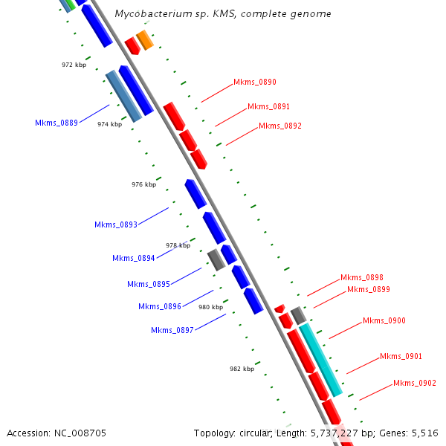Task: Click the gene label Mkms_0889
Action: [x=56, y=123]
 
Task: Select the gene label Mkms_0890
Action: [x=255, y=82]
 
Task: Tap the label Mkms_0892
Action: [x=280, y=126]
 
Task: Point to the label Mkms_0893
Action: [x=116, y=224]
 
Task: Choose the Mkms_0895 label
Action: [x=149, y=284]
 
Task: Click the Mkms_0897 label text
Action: [x=172, y=330]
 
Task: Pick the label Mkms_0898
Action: [x=362, y=277]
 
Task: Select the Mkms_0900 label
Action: [x=384, y=320]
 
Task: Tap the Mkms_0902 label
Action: [x=415, y=383]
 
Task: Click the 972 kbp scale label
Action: [x=74, y=65]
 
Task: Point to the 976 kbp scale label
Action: [x=144, y=184]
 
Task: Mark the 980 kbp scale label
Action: [x=210, y=306]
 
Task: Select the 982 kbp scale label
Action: [x=242, y=369]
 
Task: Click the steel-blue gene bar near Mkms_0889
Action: [x=123, y=97]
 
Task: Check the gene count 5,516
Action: [x=424, y=433]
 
